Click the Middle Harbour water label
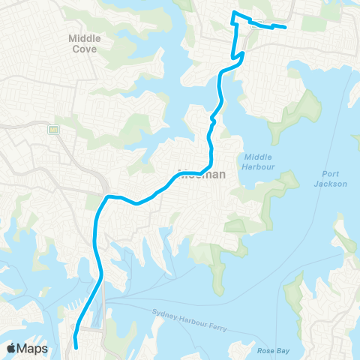coord(259,161)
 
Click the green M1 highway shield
coord(54,130)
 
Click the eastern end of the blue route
coord(286,28)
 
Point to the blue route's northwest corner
coord(234,14)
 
